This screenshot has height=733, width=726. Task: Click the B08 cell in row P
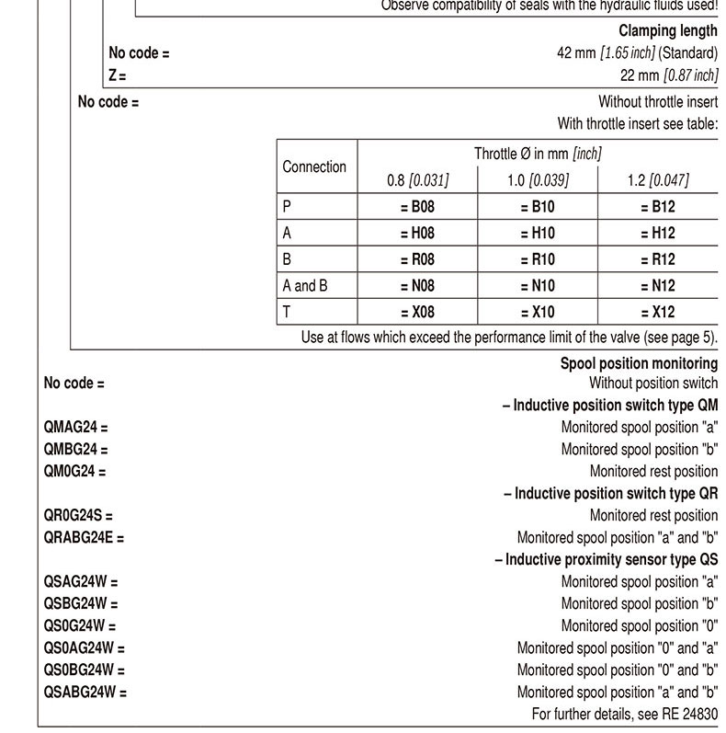pos(417,207)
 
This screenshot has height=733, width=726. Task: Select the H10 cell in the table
pos(538,234)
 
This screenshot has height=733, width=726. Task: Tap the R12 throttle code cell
pos(658,259)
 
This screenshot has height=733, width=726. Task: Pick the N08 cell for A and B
pos(417,286)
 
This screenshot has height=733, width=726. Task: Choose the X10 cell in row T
pos(538,312)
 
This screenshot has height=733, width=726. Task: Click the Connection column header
pos(314,166)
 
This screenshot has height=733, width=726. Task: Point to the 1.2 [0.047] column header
pos(658,180)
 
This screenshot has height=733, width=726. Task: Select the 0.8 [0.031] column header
pos(417,180)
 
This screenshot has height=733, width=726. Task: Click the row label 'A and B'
pos(305,286)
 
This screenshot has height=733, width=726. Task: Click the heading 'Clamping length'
pos(667,31)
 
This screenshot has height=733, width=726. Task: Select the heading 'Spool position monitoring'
pos(639,363)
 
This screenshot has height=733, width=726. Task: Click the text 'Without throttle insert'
pos(657,102)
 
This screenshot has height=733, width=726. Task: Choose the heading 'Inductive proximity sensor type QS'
pos(607,559)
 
